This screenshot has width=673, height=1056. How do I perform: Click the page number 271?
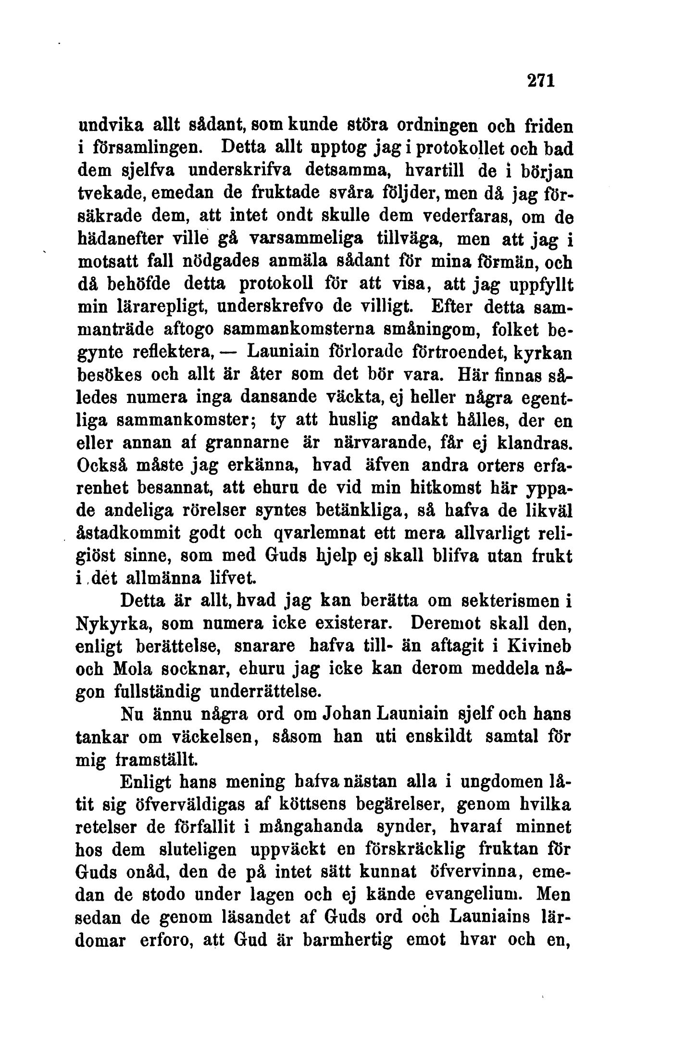[x=542, y=80]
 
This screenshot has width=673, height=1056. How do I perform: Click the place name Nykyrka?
[x=113, y=624]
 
